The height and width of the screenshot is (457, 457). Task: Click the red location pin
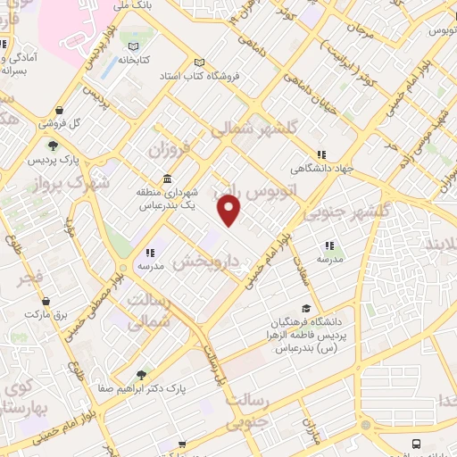230,211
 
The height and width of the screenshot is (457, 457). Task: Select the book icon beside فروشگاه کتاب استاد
200,62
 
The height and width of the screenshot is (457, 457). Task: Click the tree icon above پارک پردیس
53,145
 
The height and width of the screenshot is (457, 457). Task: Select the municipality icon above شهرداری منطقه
168,178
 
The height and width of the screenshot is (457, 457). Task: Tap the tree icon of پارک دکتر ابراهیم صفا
141,375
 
